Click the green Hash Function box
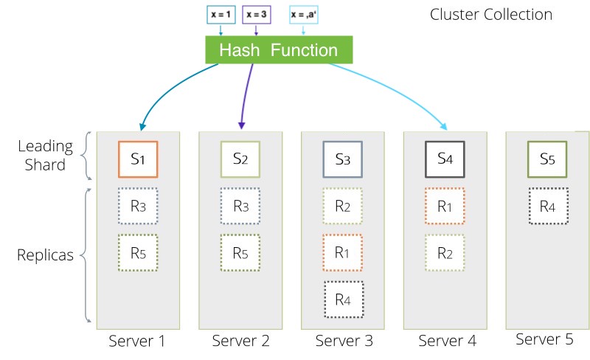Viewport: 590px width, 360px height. (x=278, y=50)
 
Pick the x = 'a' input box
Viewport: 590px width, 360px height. (x=304, y=14)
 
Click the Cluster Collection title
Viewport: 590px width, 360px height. (x=490, y=14)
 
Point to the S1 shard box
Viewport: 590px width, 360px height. (x=138, y=159)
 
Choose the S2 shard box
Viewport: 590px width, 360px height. (x=240, y=159)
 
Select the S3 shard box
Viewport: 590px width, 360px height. (x=343, y=159)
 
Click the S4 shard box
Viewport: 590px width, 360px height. (x=445, y=159)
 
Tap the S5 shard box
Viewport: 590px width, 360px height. (x=547, y=159)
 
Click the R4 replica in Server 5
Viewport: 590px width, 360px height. (x=547, y=207)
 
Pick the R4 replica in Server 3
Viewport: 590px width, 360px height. (x=343, y=300)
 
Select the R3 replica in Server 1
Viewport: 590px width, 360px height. (x=138, y=207)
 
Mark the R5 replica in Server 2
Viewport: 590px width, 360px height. (x=240, y=253)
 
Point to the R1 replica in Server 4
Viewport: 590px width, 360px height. (x=445, y=207)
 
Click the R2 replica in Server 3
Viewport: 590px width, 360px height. (x=343, y=207)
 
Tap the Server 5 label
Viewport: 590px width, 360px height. (x=544, y=339)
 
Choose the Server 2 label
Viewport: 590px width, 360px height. (x=240, y=340)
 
